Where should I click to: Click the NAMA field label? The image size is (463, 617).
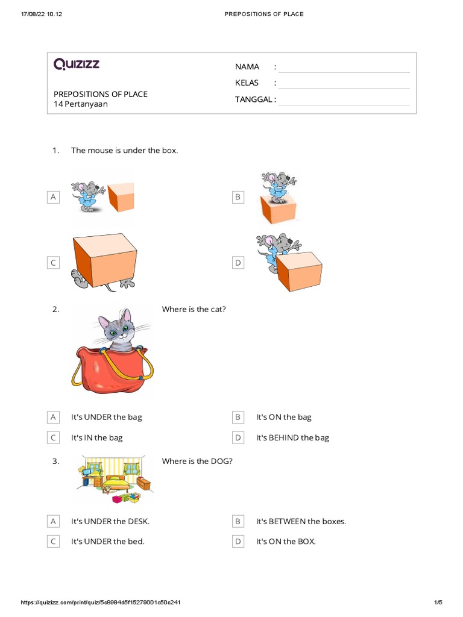click(x=247, y=67)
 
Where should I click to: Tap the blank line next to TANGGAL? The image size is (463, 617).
click(x=344, y=100)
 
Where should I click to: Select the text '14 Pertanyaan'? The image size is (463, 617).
click(x=81, y=104)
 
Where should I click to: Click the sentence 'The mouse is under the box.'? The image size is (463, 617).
click(x=125, y=151)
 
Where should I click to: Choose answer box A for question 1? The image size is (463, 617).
click(x=54, y=197)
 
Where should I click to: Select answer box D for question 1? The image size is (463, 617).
click(x=238, y=263)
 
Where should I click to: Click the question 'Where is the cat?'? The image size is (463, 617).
click(x=194, y=310)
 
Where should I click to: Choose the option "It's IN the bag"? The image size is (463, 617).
click(x=97, y=438)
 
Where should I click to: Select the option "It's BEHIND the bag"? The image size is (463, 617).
click(x=293, y=438)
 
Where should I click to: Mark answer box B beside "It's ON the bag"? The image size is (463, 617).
click(x=238, y=418)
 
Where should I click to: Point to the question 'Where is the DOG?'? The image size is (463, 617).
click(x=197, y=462)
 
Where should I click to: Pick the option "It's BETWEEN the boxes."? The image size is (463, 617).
click(x=301, y=522)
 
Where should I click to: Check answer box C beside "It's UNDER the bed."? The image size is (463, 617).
click(x=54, y=542)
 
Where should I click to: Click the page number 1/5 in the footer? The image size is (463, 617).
click(x=438, y=603)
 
